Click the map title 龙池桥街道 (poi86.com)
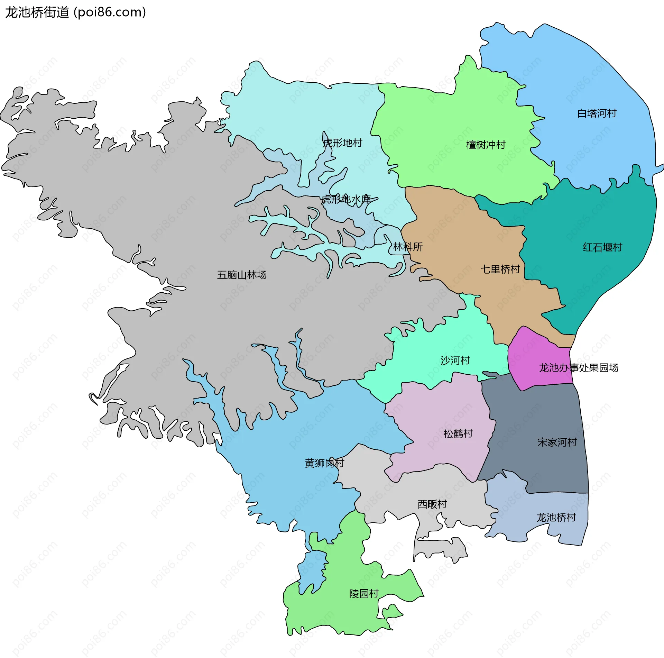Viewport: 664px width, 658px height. tap(75, 12)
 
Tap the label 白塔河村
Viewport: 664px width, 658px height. tap(597, 113)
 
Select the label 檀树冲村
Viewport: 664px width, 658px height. tap(486, 145)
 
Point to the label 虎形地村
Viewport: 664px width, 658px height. tap(342, 143)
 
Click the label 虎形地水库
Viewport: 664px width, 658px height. tap(346, 199)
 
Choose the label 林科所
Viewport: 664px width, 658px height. tap(408, 247)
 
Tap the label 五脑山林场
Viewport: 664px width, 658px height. tap(242, 275)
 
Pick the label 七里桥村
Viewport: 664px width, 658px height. tap(500, 269)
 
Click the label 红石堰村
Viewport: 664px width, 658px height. tap(602, 247)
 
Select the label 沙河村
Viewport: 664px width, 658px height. tap(455, 360)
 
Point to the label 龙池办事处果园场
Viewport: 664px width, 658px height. tap(579, 368)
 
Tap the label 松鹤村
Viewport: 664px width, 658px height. tap(458, 433)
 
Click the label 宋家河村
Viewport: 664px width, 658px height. tap(557, 442)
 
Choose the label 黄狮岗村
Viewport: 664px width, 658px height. tap(324, 463)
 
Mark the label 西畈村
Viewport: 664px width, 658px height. tap(432, 504)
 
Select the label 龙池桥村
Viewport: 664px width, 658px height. tap(556, 518)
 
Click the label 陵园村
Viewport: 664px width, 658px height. tap(364, 594)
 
